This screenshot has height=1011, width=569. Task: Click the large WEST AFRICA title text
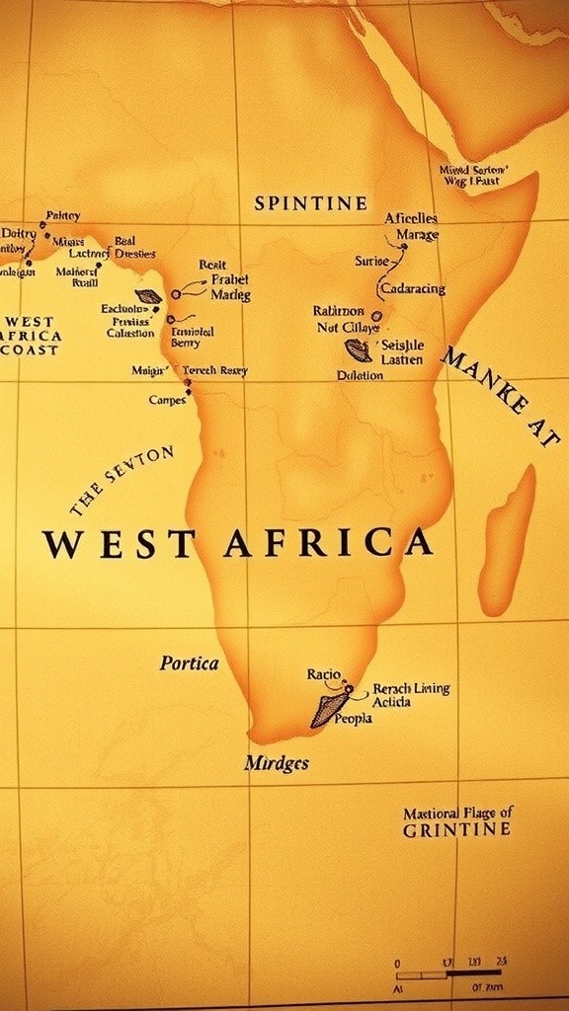237,544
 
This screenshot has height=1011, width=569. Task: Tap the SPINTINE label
310,203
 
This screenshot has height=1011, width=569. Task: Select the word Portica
189,663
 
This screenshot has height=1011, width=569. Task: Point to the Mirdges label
277,763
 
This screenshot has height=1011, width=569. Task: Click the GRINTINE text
456,830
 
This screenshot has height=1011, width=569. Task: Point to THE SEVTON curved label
122,481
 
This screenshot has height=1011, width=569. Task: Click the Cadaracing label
412,289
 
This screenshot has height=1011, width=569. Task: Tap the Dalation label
360,375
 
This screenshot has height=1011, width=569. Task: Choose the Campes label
167,400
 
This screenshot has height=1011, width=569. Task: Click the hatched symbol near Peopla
329,710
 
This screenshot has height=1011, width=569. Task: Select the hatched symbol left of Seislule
358,350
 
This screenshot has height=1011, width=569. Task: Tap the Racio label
323,674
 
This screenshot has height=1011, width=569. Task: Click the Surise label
371,262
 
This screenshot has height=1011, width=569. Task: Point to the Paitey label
63,215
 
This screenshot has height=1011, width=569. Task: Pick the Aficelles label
411,218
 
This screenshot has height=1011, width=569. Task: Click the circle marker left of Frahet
176,294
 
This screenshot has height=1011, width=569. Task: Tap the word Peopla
353,719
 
